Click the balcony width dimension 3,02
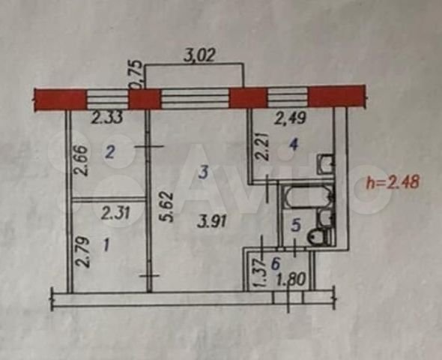199,55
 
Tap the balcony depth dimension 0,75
135,74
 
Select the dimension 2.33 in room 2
107,117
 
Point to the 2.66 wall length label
80,160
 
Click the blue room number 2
109,153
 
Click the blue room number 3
203,172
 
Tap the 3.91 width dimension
212,222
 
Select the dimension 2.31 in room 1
115,213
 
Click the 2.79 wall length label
83,252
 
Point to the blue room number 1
106,245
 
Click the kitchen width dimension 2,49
291,117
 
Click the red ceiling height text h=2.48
393,182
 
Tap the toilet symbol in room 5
320,237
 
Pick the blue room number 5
296,226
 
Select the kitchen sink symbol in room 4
326,164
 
